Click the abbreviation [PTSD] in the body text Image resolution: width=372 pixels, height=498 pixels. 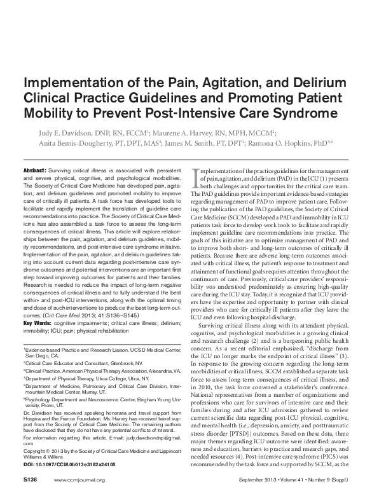click(255, 393)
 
